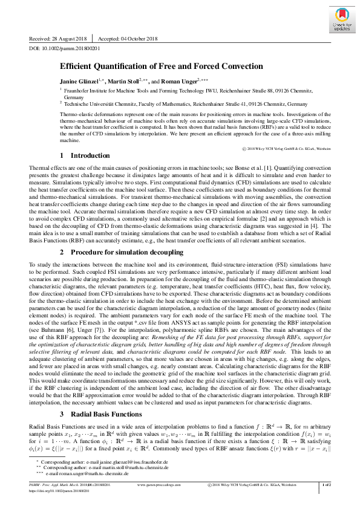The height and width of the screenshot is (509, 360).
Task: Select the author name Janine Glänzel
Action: point(84,80)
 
